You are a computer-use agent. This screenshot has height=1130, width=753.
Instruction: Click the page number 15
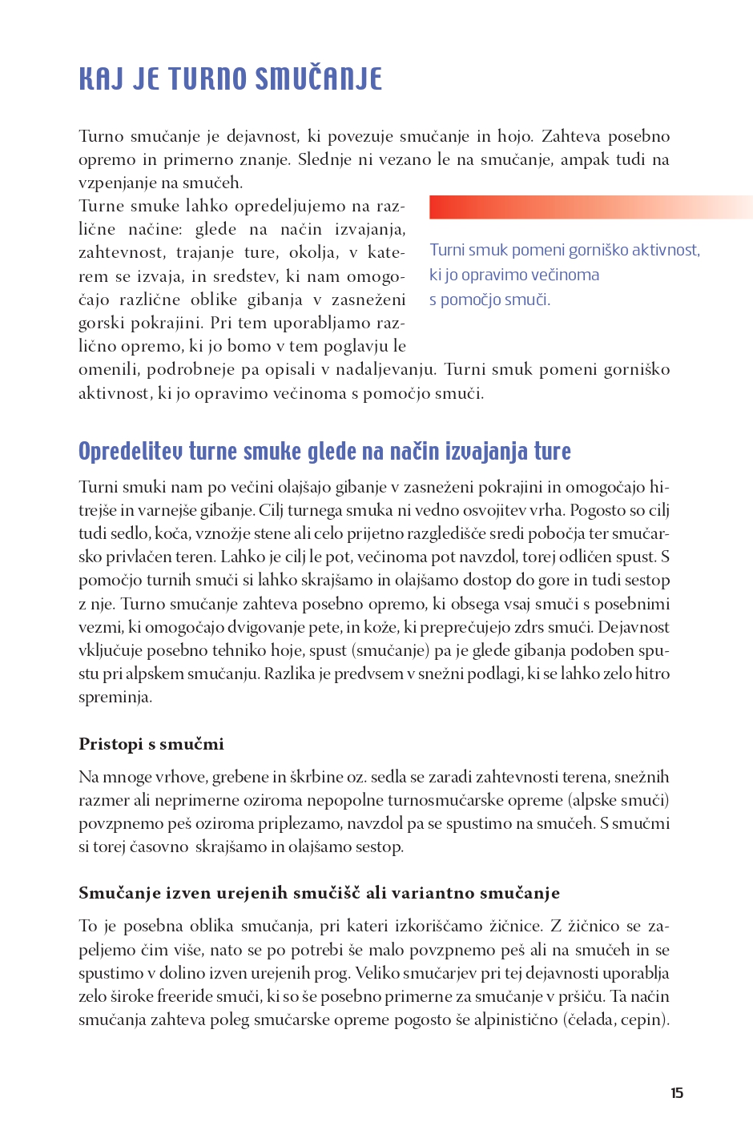677,1093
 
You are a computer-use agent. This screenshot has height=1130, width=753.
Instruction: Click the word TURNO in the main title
207,79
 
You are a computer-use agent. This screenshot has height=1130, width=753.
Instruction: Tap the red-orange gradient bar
590,207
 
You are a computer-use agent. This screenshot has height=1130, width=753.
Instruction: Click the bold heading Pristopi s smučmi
151,744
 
